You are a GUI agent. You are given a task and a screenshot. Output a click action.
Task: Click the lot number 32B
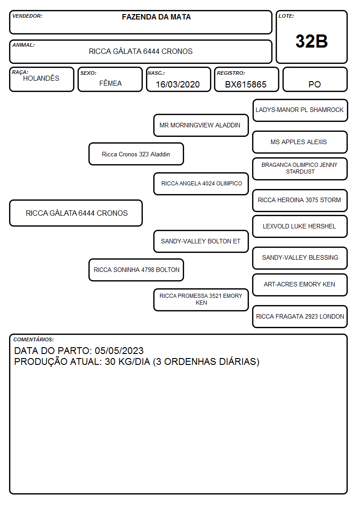[x=311, y=41]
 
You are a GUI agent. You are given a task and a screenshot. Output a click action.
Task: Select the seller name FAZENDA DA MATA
[x=156, y=17]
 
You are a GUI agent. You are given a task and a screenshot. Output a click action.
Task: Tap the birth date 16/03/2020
[x=178, y=84]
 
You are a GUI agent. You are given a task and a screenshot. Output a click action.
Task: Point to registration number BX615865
[x=246, y=84]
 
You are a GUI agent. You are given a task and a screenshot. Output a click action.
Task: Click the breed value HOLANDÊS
[x=41, y=78]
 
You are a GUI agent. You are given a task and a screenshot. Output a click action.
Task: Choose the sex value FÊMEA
[x=110, y=83]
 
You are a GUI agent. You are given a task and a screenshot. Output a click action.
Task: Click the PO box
[x=315, y=79]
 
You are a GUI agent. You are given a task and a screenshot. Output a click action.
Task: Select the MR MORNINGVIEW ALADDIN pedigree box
[x=201, y=125]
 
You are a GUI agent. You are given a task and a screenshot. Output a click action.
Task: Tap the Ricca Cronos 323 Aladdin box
[x=136, y=154]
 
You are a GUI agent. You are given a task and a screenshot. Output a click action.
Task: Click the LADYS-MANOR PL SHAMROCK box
[x=300, y=111]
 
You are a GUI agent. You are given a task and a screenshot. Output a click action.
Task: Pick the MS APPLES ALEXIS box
[x=300, y=142]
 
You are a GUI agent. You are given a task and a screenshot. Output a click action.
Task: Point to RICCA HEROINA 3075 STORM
[x=299, y=200]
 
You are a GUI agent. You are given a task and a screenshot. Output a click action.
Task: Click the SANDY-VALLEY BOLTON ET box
[x=201, y=242]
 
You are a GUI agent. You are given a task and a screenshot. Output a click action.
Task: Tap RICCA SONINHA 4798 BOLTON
[x=136, y=270]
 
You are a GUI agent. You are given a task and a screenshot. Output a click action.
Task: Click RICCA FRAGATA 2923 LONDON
[x=300, y=316]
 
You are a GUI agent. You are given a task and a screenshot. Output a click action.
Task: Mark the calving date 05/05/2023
[x=119, y=350]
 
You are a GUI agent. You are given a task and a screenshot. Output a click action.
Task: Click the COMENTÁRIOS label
[x=34, y=339]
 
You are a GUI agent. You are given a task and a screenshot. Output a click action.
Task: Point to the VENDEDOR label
[x=27, y=16]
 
